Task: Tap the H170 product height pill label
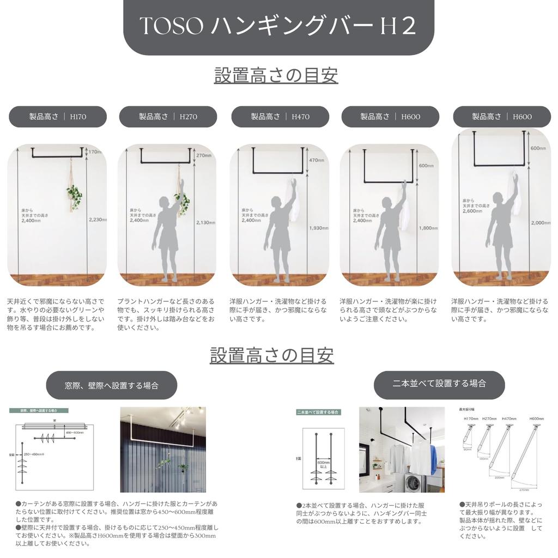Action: pyautogui.click(x=58, y=117)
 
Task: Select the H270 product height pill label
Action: pyautogui.click(x=168, y=117)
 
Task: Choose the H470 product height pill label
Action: pyautogui.click(x=280, y=117)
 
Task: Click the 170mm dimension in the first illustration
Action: pyautogui.click(x=96, y=152)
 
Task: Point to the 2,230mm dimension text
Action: pyautogui.click(x=98, y=220)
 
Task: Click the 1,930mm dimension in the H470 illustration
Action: pyautogui.click(x=318, y=228)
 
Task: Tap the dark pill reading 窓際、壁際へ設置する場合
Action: pyautogui.click(x=112, y=385)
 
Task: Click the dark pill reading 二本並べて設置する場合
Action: pyautogui.click(x=439, y=384)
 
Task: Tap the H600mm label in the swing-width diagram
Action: pyautogui.click(x=536, y=419)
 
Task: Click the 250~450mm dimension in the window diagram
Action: pyautogui.click(x=33, y=453)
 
